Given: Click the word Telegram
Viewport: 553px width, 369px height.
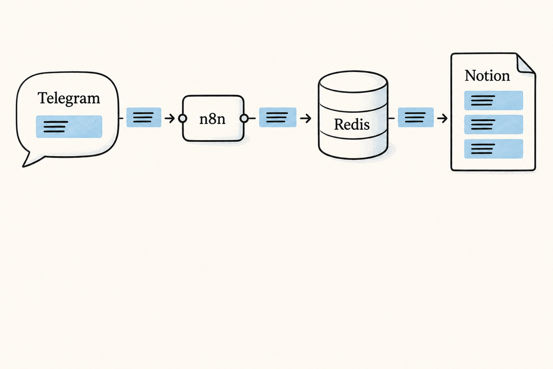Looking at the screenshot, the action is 69,98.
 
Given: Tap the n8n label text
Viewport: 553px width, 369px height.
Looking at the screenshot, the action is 212,119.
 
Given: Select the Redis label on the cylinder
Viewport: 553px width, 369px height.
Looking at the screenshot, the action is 352,124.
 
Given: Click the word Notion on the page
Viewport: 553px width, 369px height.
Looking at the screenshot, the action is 487,75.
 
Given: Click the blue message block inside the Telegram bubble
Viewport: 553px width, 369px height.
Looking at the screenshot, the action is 69,126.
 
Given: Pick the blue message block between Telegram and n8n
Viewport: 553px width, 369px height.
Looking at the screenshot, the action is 144,117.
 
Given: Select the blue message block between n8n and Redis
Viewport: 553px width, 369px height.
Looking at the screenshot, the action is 278,117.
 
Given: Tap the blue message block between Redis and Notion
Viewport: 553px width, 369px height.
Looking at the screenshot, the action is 416,117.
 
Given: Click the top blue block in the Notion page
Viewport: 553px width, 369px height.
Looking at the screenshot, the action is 494,100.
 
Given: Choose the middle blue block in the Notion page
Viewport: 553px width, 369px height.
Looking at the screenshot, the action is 494,124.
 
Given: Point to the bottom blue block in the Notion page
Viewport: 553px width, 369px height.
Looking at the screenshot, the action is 494,149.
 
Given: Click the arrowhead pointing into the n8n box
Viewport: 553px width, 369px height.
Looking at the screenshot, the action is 172,119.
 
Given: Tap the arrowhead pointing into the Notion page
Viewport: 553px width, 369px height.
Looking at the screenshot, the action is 444,119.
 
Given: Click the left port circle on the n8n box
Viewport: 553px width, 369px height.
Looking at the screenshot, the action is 183,119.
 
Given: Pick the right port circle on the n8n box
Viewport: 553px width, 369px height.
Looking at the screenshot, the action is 244,119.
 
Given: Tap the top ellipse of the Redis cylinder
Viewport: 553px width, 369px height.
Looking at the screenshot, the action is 353,81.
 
